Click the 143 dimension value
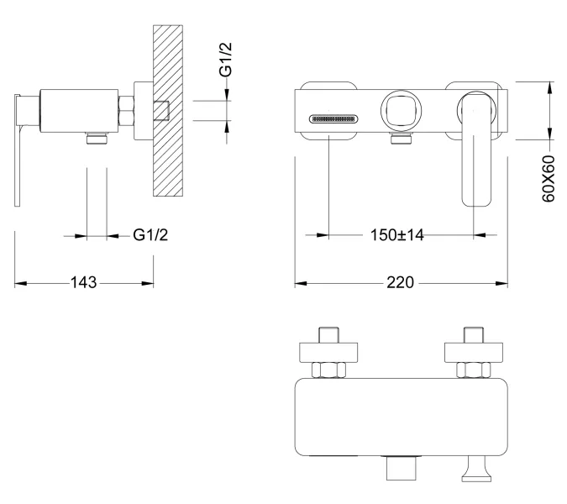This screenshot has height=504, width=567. pos(83,283)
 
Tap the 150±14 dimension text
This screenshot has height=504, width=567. pos(398,235)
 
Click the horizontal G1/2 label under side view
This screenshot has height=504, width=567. pos(151,235)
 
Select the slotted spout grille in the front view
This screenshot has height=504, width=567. pos(333,118)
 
